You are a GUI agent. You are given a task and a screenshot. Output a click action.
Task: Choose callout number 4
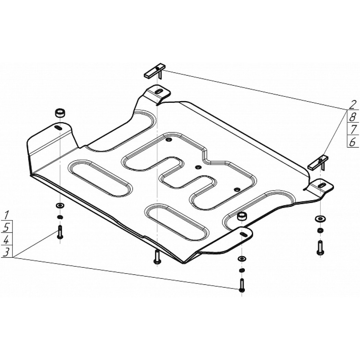[x=6, y=240]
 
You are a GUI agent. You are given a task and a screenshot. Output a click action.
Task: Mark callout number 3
[x=7, y=252]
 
